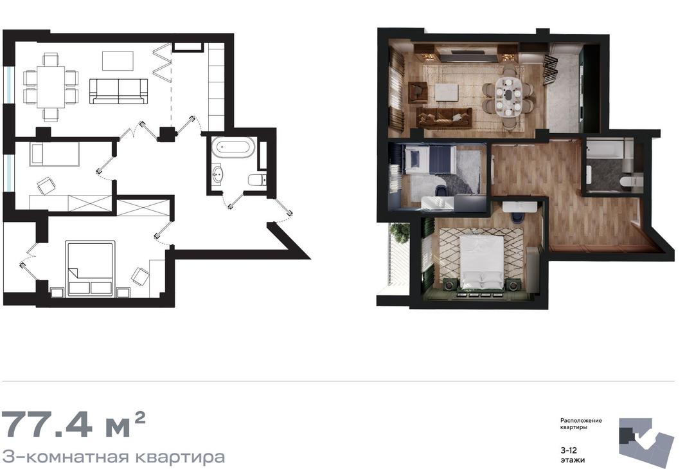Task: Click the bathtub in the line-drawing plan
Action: [233, 147]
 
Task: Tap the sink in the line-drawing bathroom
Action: [217, 173]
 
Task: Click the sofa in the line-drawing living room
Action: [118, 91]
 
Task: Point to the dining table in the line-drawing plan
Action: [51, 86]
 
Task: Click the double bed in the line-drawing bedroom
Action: [90, 269]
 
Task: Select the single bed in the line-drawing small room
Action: [55, 154]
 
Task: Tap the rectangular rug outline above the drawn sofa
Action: [118, 60]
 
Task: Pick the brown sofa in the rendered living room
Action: [444, 116]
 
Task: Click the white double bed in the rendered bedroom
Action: [482, 261]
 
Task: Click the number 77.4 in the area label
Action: [48, 424]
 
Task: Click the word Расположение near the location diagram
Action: [581, 420]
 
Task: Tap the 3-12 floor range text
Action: [568, 450]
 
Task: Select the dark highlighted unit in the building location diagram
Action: [627, 435]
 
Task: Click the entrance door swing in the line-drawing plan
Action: [282, 211]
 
